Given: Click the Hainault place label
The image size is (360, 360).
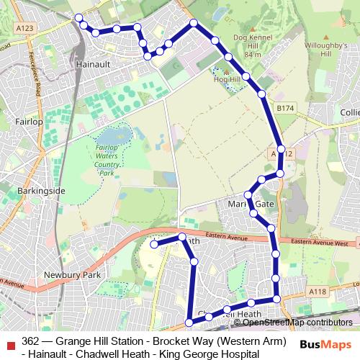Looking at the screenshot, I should (91, 64).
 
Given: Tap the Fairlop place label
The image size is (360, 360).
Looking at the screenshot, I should (30, 122).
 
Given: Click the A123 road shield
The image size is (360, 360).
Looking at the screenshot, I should (44, 28).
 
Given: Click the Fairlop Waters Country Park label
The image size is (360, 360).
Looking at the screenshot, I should (107, 160).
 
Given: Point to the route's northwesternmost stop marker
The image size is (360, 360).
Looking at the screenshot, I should (78, 18).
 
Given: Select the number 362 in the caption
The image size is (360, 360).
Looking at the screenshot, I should (31, 341).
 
